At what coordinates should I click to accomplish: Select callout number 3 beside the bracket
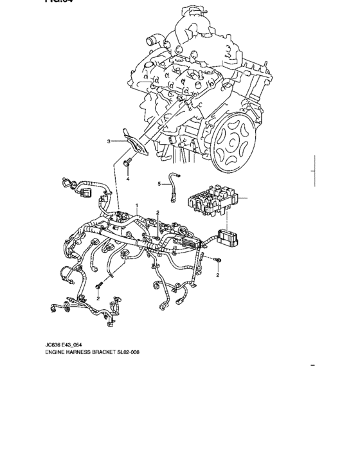(109, 140)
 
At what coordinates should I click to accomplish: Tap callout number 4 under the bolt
(127, 179)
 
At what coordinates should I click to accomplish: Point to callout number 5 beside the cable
(159, 184)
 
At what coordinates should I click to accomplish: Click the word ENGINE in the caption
(57, 352)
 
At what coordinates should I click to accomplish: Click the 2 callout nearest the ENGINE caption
(98, 298)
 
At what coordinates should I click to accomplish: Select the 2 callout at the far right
(217, 275)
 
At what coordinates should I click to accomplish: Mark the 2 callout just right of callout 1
(157, 212)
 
